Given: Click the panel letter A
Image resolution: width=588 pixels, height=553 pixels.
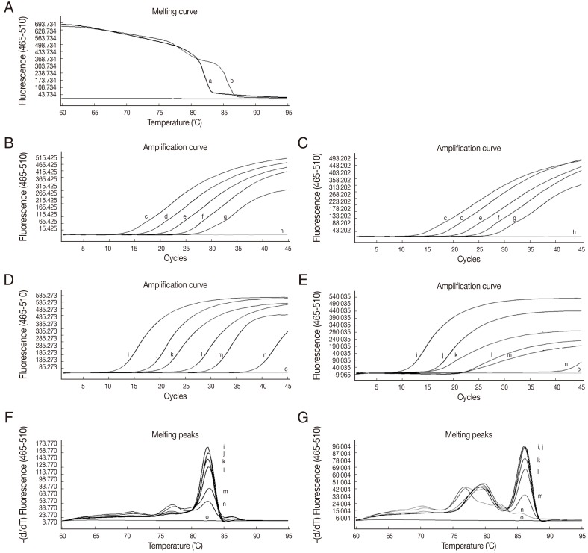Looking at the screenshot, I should (x=7, y=6).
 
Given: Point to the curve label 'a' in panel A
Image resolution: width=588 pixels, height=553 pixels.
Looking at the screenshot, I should (x=210, y=80).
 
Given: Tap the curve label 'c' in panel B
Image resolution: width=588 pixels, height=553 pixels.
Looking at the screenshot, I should (x=146, y=217).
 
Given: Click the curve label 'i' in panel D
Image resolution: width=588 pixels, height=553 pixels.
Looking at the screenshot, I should (x=128, y=353).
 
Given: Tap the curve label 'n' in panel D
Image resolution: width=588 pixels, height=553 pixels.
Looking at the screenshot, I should (x=265, y=354).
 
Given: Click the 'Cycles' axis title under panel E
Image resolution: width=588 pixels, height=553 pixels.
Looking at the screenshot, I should (x=468, y=397).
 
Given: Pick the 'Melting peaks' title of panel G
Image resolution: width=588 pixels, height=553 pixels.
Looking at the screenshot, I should (x=468, y=431).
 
